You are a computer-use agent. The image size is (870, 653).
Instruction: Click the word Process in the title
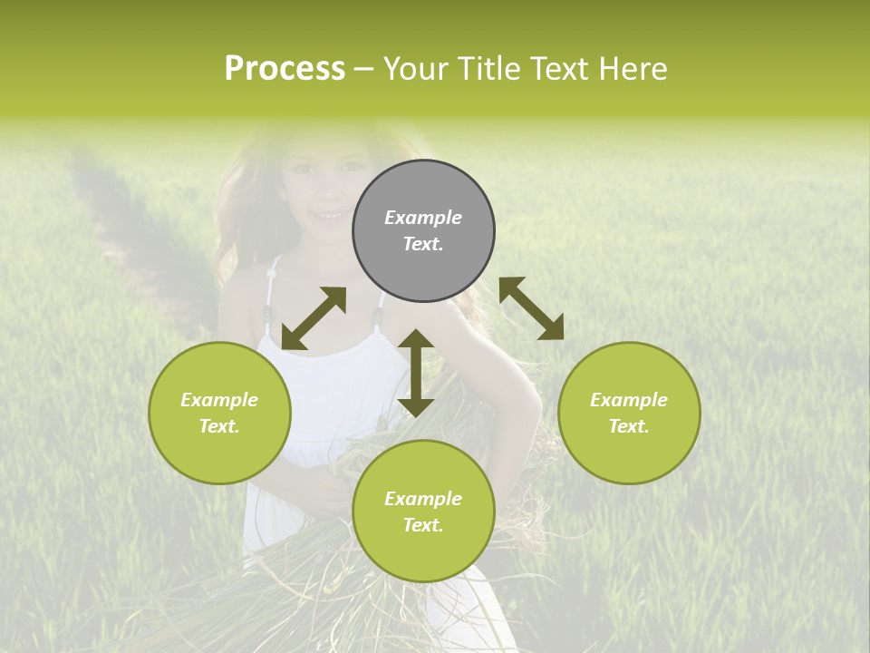tap(285, 69)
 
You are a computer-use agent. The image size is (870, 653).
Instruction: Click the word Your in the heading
tap(415, 69)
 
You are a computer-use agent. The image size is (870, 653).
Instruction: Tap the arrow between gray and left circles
tap(314, 318)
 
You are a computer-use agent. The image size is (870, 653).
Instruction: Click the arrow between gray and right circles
tap(531, 308)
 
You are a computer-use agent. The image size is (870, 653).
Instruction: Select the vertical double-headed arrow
tap(416, 373)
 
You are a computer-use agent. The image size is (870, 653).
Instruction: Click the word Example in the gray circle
tap(423, 218)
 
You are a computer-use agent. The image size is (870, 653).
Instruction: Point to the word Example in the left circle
tap(219, 400)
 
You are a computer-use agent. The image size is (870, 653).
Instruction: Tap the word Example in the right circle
tap(629, 400)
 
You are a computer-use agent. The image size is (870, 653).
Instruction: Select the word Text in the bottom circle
tap(423, 525)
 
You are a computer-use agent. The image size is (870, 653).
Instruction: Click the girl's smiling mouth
tap(328, 216)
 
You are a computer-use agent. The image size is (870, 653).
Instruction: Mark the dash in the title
tap(364, 70)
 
